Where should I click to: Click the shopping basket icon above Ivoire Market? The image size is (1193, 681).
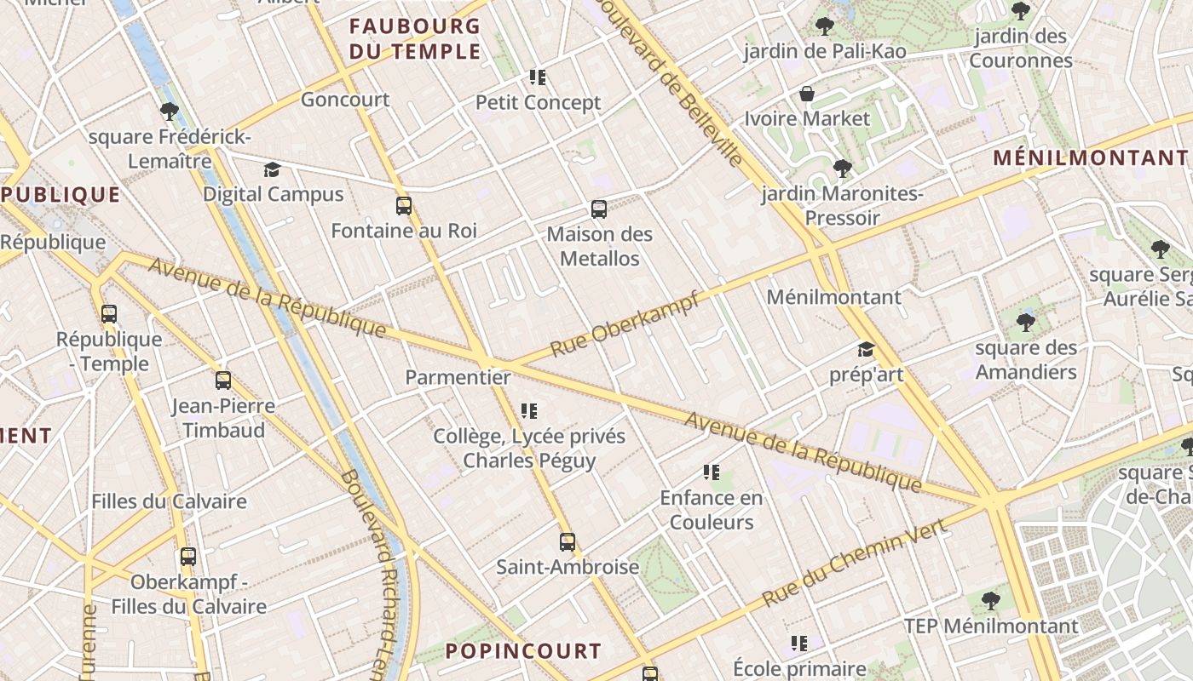[x=806, y=94]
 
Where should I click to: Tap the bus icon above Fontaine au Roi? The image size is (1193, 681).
[x=403, y=206]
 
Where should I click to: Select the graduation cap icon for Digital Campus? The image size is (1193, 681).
[x=272, y=169]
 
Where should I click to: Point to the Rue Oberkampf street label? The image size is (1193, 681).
[x=625, y=324]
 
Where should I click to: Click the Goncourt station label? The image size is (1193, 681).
[x=345, y=100]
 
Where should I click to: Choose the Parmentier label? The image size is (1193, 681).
[x=458, y=377]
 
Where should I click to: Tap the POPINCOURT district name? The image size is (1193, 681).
[x=523, y=651]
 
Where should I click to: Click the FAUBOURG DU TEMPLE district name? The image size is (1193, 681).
[x=415, y=38]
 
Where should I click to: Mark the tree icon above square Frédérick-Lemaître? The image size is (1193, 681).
[x=169, y=111]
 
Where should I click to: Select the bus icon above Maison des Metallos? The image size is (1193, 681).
[x=599, y=209]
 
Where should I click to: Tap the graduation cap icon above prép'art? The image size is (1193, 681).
[x=866, y=350]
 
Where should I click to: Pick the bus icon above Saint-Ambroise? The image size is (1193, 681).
[x=568, y=542]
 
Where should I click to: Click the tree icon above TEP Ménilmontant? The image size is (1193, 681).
[x=990, y=601]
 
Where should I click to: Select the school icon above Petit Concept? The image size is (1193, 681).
[x=538, y=77]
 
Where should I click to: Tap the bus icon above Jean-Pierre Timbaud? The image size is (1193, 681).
[x=223, y=381]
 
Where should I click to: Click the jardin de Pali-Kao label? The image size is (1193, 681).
[x=825, y=52]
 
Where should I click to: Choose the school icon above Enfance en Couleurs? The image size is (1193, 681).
[x=712, y=472]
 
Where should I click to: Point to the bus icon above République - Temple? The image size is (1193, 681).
[x=109, y=314]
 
